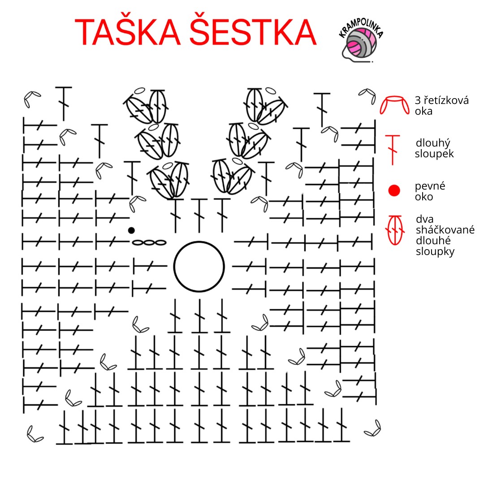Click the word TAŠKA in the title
[x=127, y=32]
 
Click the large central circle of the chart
[x=199, y=267]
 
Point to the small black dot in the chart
[x=131, y=230]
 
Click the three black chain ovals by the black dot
[x=149, y=242]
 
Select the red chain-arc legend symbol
[x=394, y=104]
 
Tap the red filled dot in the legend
[x=394, y=190]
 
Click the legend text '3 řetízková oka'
[x=441, y=106]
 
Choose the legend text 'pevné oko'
[x=430, y=191]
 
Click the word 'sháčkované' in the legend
[x=445, y=230]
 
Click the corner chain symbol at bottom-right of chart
[x=372, y=428]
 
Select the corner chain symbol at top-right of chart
[x=368, y=95]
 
